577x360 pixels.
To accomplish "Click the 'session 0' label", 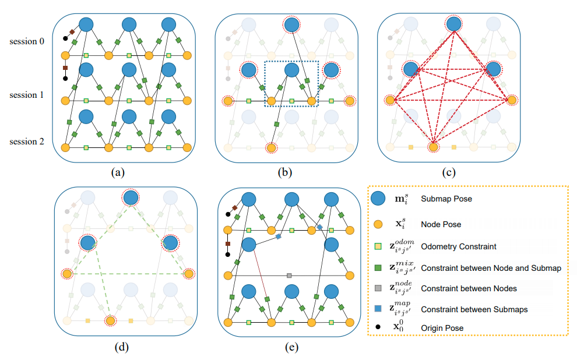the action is pyautogui.click(x=27, y=41).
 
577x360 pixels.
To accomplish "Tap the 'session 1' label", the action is pyautogui.click(x=26, y=95).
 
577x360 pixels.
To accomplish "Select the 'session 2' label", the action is pyautogui.click(x=27, y=142).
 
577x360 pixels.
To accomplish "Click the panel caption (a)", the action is pyautogui.click(x=118, y=172).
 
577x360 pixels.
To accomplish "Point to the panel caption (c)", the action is pyautogui.click(x=449, y=172).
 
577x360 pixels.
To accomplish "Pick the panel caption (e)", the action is pyautogui.click(x=292, y=347).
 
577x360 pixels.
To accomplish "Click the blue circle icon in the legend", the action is pyautogui.click(x=378, y=198).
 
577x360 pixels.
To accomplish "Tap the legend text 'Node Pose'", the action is pyautogui.click(x=441, y=224).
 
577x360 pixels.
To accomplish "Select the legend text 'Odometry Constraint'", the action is pyautogui.click(x=459, y=246).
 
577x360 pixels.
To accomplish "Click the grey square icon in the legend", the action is pyautogui.click(x=378, y=288).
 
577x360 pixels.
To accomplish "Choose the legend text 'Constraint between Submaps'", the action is pyautogui.click(x=474, y=310).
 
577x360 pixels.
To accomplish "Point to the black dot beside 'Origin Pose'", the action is pyautogui.click(x=378, y=327).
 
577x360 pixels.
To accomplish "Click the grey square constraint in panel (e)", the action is pyautogui.click(x=289, y=276).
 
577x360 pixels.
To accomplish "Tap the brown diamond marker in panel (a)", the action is pyautogui.click(x=72, y=32).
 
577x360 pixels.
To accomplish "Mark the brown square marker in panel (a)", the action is pyautogui.click(x=65, y=68).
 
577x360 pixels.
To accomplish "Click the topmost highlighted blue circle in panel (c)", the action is pyautogui.click(x=453, y=24).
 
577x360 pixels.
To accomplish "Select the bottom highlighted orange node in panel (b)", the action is pyautogui.click(x=271, y=148).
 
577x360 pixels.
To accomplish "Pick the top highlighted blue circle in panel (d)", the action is pyautogui.click(x=131, y=198).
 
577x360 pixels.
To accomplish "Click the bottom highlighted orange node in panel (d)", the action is pyautogui.click(x=110, y=320).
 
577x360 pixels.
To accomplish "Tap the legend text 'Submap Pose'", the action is pyautogui.click(x=446, y=199).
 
